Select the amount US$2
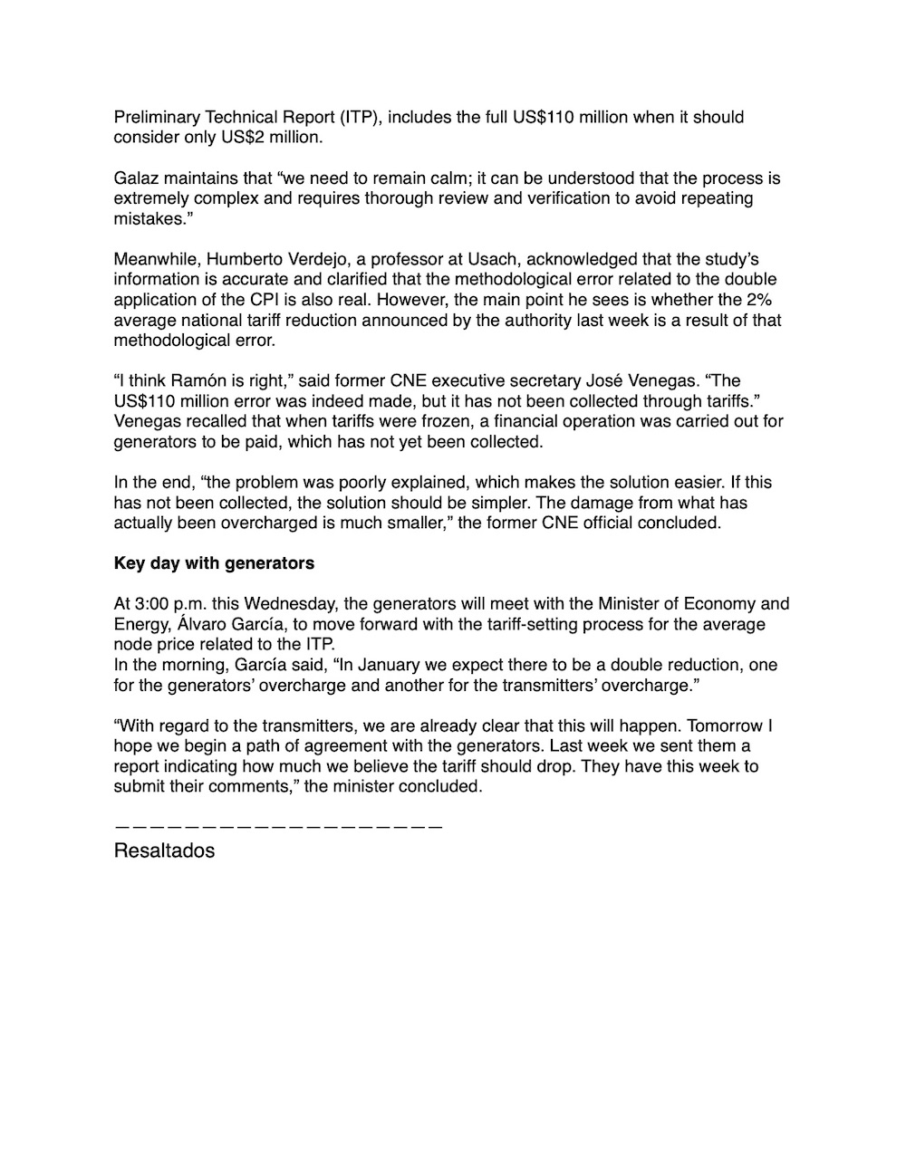point(236,138)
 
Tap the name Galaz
point(137,178)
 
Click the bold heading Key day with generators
point(214,563)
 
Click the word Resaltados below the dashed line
point(164,851)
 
